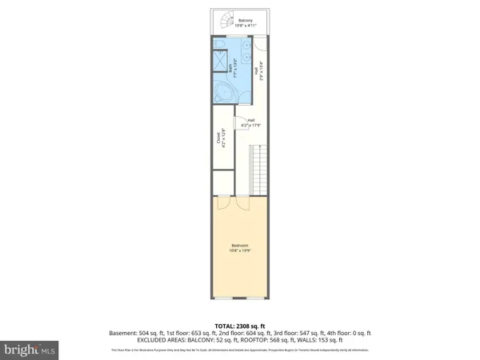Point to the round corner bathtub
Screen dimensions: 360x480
(225, 94)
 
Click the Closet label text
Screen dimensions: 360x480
(219, 138)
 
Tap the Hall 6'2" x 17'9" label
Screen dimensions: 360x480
(251, 123)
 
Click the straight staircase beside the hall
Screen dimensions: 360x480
(258, 168)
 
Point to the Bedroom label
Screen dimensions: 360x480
(240, 245)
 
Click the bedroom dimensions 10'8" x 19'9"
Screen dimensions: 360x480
(240, 250)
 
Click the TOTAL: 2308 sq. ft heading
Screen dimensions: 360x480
(239, 326)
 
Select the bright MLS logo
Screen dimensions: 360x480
(31, 350)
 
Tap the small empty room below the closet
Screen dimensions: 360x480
(223, 180)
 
